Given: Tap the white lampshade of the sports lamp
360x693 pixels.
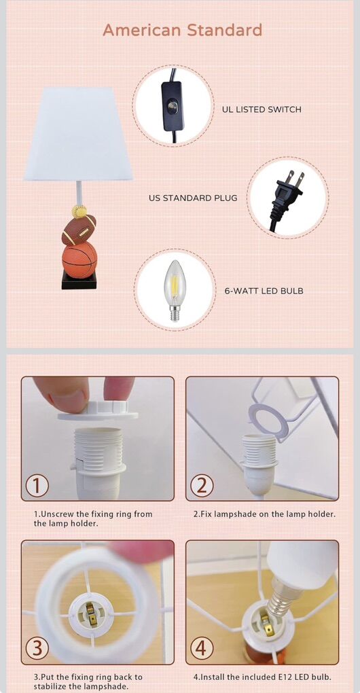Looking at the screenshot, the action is [x=78, y=134].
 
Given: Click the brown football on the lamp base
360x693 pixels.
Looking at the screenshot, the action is [x=79, y=230].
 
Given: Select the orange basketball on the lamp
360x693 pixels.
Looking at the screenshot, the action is [x=79, y=260].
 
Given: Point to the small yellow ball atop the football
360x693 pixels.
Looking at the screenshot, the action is [x=79, y=211].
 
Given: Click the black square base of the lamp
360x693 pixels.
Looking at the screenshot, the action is [x=79, y=281].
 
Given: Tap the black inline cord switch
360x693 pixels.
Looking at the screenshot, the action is [x=173, y=106].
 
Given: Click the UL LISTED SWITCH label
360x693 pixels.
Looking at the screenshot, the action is [x=262, y=109].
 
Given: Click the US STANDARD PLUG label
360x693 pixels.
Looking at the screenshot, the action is [x=193, y=198].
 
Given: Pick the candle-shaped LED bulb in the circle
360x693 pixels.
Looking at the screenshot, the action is [x=175, y=290].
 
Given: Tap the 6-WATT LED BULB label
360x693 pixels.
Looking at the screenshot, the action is [x=264, y=291].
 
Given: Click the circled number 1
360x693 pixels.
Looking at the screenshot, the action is [x=37, y=486].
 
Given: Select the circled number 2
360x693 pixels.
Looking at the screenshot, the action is [x=202, y=486].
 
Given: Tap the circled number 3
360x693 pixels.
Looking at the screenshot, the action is [x=37, y=648].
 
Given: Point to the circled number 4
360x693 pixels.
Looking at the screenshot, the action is [x=202, y=648].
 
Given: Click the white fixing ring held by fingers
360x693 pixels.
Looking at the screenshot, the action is [x=98, y=410].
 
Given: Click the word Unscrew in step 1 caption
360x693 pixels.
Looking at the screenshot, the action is [x=55, y=514].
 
